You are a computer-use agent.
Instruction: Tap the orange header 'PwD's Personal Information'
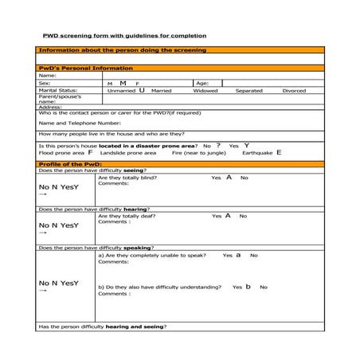pos(76,68)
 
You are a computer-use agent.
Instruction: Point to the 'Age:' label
pos(202,83)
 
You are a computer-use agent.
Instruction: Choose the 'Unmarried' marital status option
pos(122,91)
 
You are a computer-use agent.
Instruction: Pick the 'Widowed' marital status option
pos(205,91)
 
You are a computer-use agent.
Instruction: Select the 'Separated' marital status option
pos(249,91)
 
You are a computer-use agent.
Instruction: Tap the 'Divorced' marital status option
pos(294,91)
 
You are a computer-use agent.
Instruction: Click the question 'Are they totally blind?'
pos(127,178)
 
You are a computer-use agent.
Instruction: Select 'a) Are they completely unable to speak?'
pos(152,256)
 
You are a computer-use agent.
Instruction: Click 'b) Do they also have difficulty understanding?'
pos(159,287)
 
